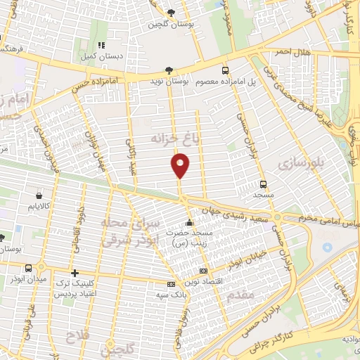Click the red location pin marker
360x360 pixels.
181,165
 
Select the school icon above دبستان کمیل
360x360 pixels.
100,44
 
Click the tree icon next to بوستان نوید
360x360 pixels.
168,70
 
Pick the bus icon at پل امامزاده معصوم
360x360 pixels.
226,70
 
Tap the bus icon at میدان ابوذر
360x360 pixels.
27,268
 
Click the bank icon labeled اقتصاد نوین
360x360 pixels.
204,271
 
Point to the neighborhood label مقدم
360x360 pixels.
240,296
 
